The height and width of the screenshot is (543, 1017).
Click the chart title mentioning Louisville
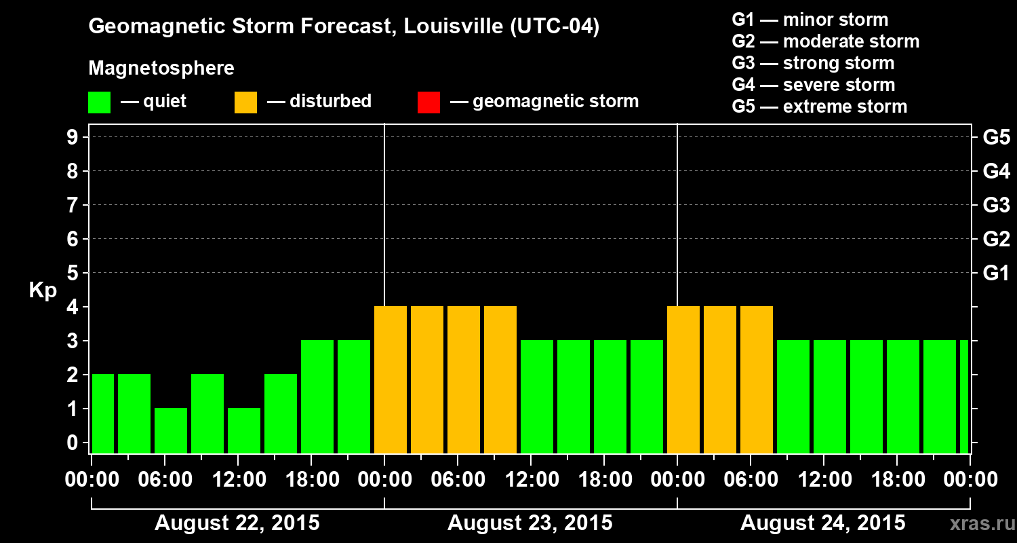tap(344, 27)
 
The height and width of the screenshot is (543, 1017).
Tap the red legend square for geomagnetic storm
tap(428, 102)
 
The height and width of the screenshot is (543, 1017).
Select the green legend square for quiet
tap(99, 102)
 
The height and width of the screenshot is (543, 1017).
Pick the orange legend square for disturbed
tap(245, 102)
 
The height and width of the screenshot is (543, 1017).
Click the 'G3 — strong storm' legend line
tap(813, 63)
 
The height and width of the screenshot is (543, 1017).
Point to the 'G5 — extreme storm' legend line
tap(819, 107)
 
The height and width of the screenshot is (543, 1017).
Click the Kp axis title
tap(43, 290)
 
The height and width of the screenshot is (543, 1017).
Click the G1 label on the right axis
tap(996, 274)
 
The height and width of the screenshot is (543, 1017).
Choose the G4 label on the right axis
tap(996, 171)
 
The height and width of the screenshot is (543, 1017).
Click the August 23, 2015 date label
tap(530, 523)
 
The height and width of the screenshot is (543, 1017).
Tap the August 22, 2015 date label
tap(237, 523)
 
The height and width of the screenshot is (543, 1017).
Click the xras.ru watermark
tap(977, 523)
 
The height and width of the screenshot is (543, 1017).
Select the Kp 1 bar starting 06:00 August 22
tap(171, 430)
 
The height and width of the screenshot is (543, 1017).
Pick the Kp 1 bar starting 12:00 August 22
tap(244, 430)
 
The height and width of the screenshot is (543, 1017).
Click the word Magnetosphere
tap(161, 69)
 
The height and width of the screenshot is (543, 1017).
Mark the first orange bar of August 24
tap(683, 379)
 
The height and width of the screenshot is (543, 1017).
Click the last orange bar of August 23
tap(500, 379)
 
